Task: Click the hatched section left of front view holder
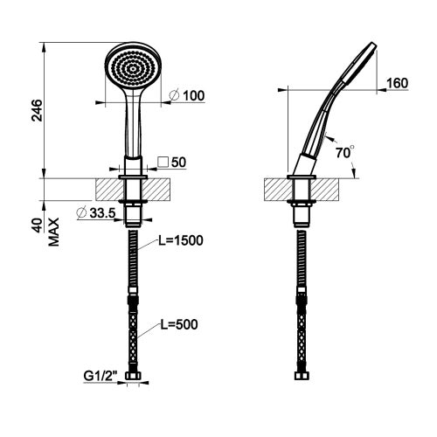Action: click(108, 189)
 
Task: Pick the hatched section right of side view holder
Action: click(329, 189)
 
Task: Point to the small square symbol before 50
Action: click(163, 163)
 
